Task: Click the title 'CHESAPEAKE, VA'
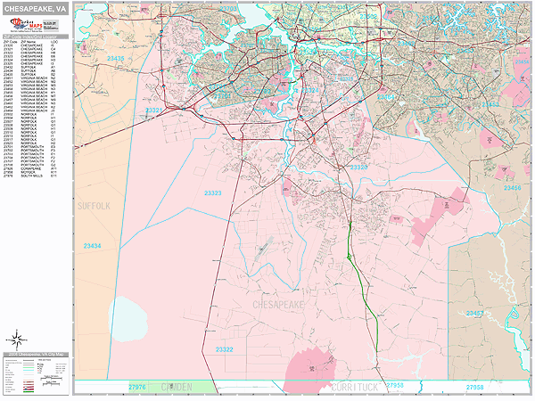pyautogui.click(x=35, y=8)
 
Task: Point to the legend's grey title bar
pyautogui.click(x=35, y=355)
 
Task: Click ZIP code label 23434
pyautogui.click(x=92, y=246)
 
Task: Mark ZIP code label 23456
pyautogui.click(x=514, y=188)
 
